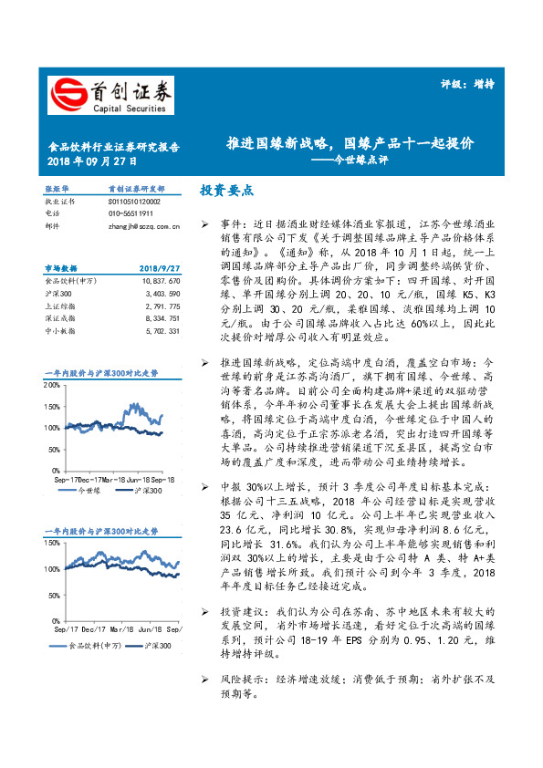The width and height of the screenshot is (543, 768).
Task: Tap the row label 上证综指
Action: pos(60,306)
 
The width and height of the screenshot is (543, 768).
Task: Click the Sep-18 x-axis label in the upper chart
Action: pos(162,479)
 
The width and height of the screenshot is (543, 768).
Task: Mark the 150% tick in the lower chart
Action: pos(54,545)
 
